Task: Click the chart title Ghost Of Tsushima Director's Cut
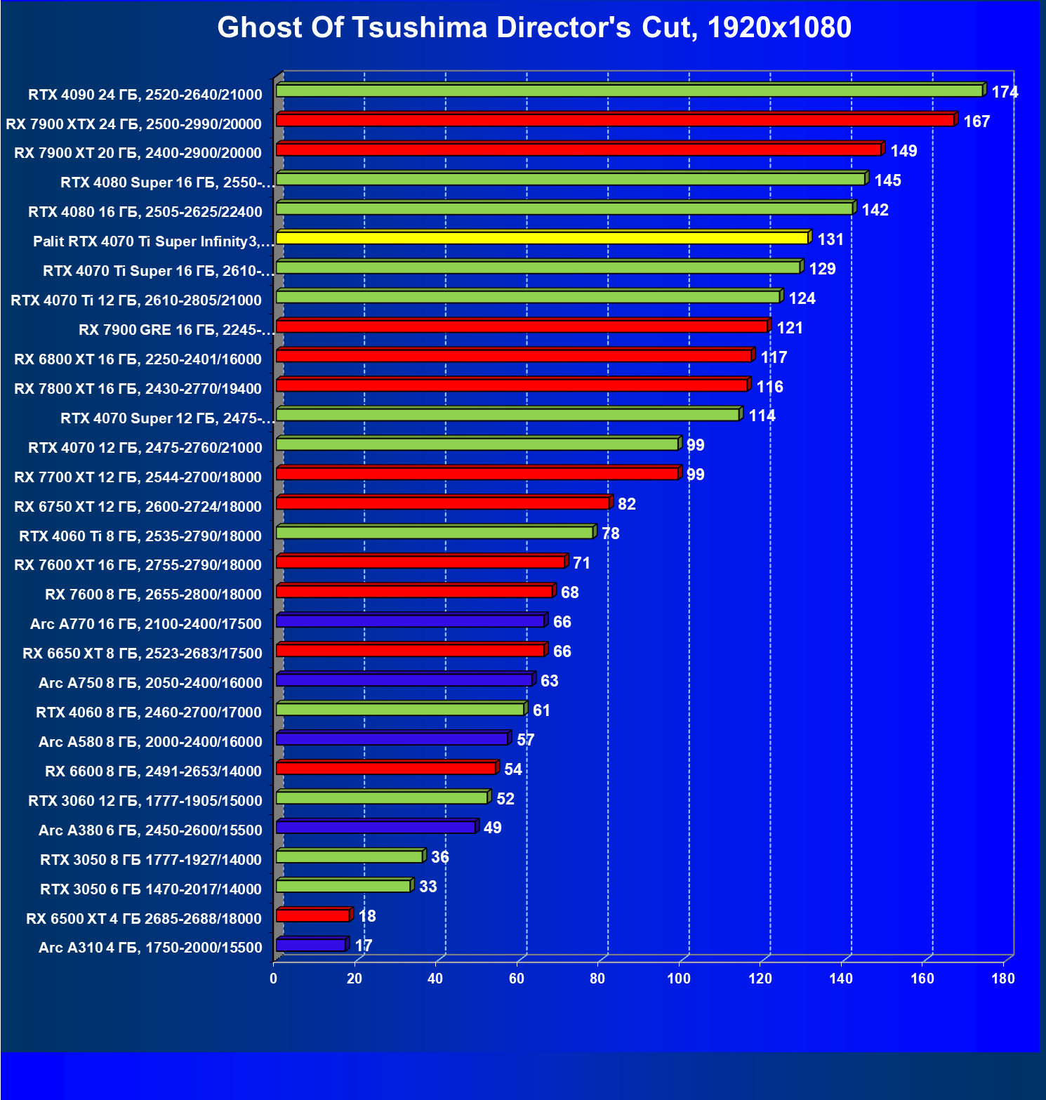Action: (x=534, y=28)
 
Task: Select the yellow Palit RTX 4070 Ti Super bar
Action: (x=542, y=238)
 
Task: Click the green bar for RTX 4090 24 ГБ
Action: (x=629, y=91)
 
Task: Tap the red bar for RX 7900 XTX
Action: (x=615, y=120)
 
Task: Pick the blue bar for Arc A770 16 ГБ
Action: (x=410, y=621)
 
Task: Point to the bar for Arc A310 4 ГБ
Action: (x=311, y=945)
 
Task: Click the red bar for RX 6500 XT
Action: (x=313, y=915)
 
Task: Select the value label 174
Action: (x=1005, y=92)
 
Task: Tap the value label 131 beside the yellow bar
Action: (x=830, y=239)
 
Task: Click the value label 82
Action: (x=626, y=504)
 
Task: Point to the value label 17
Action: (x=363, y=946)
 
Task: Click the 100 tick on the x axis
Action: (x=678, y=979)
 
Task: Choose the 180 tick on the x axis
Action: (x=1003, y=979)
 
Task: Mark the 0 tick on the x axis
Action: (x=273, y=979)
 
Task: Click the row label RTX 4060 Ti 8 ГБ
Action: (x=140, y=536)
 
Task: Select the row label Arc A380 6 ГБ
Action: (x=150, y=830)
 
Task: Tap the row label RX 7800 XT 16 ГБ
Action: (x=138, y=389)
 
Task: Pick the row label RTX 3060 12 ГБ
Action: (x=145, y=801)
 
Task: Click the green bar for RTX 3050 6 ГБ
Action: (x=343, y=886)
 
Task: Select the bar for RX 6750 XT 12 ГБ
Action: (x=442, y=503)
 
